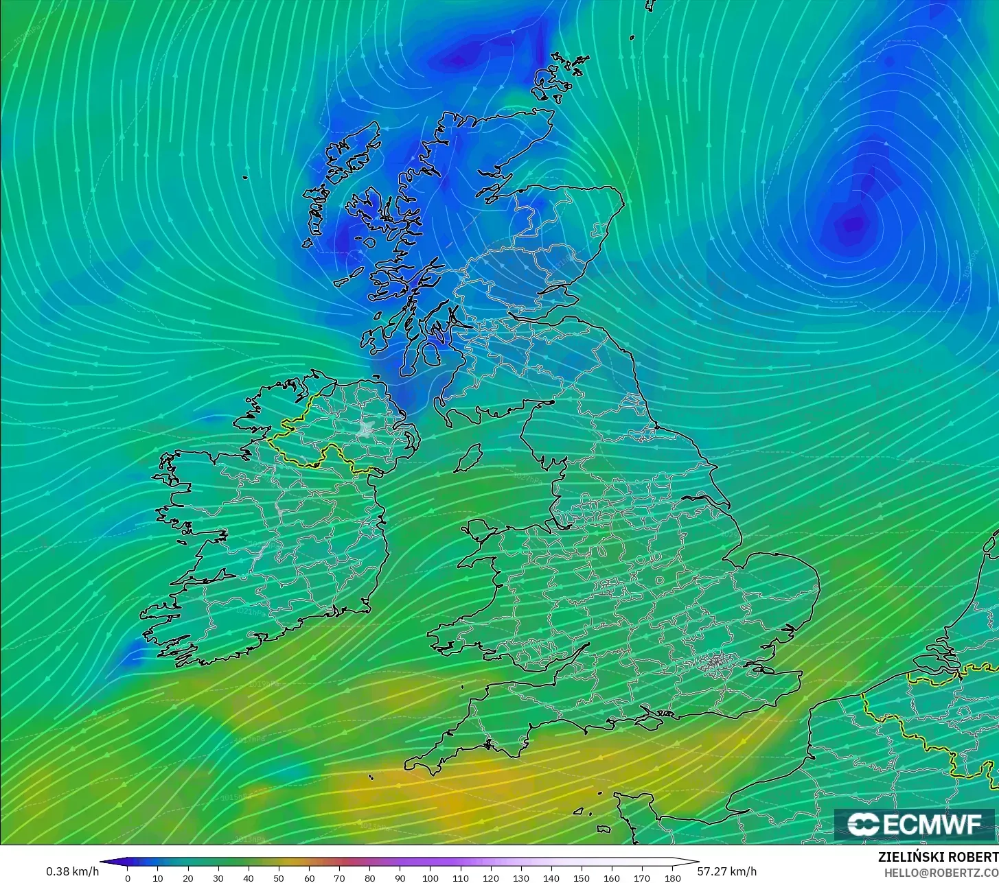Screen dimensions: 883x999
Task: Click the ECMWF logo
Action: click(x=914, y=824)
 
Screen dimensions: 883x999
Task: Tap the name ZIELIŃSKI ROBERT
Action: click(x=938, y=857)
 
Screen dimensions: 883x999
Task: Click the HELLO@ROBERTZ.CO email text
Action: click(x=941, y=872)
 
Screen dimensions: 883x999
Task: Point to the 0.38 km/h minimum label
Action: click(x=72, y=871)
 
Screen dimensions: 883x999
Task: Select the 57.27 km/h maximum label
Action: click(x=727, y=871)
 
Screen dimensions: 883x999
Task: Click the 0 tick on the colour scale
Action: click(x=127, y=878)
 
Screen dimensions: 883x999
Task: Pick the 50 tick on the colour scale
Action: click(x=279, y=878)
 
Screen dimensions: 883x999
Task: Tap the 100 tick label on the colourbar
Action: click(x=430, y=878)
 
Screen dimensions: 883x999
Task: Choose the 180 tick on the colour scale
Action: click(x=673, y=878)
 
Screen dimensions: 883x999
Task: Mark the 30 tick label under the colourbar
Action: click(x=218, y=878)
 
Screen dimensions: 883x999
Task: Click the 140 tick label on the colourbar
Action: click(x=551, y=878)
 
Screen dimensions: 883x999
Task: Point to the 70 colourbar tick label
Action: click(x=339, y=878)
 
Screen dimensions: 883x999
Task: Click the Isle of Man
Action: click(x=469, y=458)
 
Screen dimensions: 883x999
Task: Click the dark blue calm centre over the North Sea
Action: click(x=853, y=224)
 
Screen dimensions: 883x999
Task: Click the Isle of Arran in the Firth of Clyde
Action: click(x=431, y=354)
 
